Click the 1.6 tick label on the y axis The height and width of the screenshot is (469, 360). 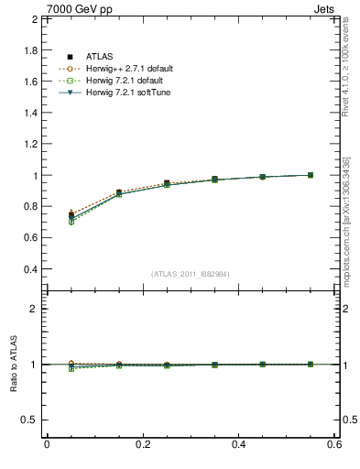click(x=29, y=82)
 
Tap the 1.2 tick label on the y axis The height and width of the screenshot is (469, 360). click(x=29, y=144)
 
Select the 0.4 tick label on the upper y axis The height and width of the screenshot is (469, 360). click(x=29, y=270)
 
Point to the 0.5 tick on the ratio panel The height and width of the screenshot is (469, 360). click(x=29, y=420)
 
